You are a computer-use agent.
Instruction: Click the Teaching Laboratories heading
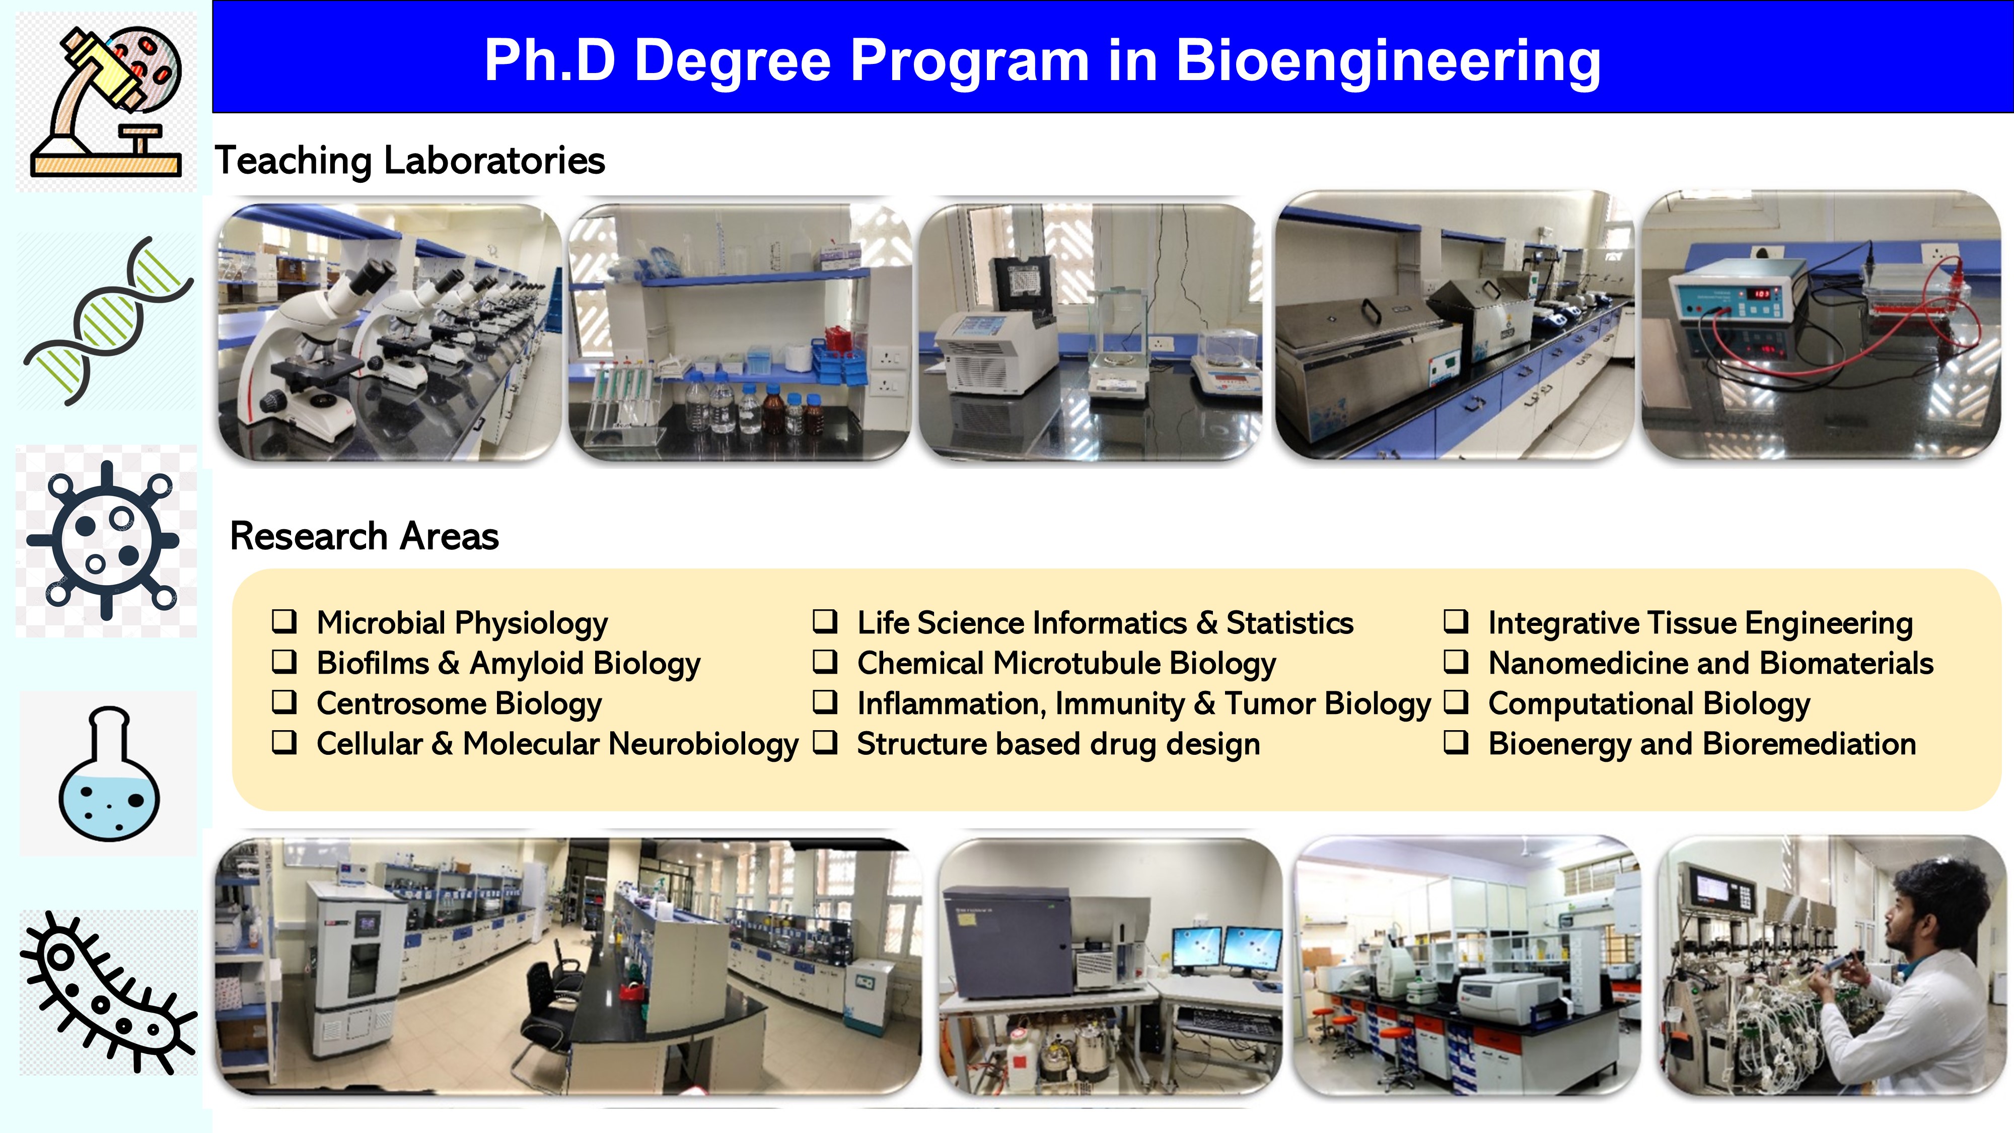click(x=410, y=160)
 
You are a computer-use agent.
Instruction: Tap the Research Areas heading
click(x=365, y=536)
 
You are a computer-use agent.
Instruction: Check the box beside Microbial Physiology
click(x=284, y=621)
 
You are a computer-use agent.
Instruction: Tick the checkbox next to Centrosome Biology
click(x=284, y=701)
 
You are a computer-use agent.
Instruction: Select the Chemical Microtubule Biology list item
click(x=1066, y=664)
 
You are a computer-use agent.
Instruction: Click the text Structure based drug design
click(x=1058, y=744)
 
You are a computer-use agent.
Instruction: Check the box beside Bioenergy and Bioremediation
click(x=1456, y=742)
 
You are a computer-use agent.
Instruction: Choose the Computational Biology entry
click(x=1649, y=704)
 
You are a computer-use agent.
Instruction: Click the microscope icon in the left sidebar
click(x=106, y=102)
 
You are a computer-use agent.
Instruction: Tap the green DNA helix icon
click(x=108, y=321)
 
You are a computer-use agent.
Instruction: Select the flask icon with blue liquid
click(x=109, y=774)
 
